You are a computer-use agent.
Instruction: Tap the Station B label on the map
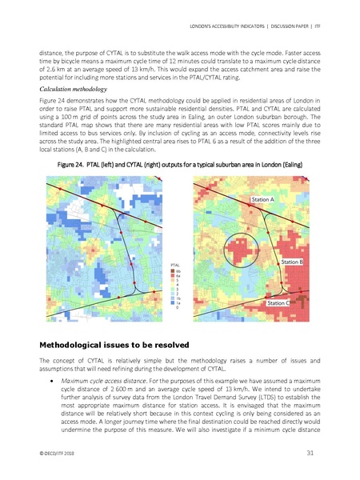(292, 262)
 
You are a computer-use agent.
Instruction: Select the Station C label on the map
(278, 303)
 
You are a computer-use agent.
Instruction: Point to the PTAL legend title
(177, 264)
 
